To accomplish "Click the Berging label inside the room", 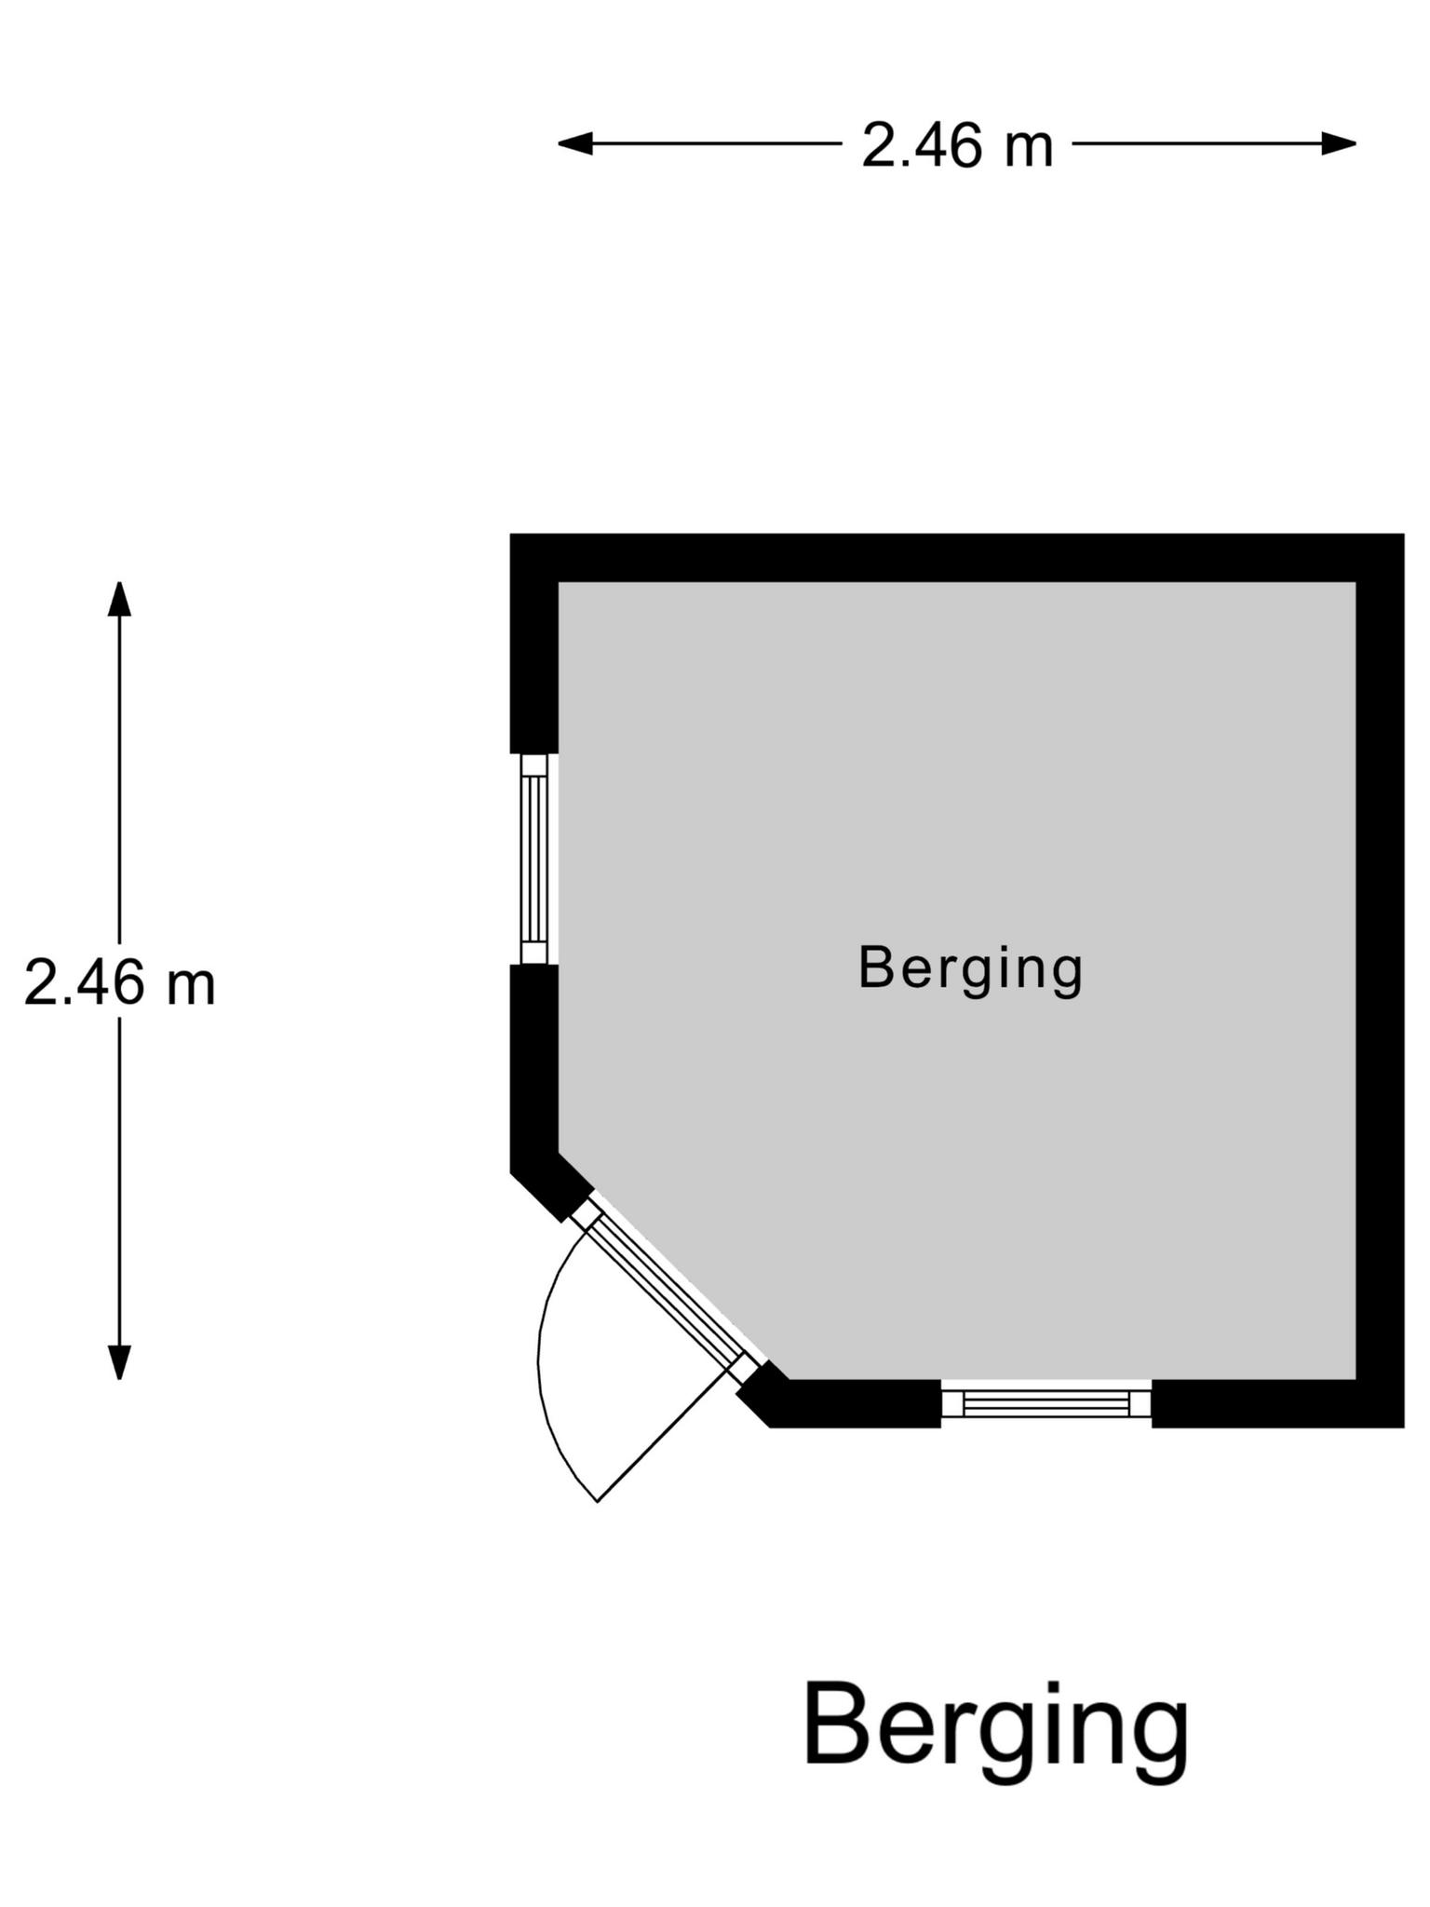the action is [971, 970].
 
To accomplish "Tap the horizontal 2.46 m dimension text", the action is [957, 146].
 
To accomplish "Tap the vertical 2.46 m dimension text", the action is [120, 982].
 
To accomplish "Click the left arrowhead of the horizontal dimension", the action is [575, 143].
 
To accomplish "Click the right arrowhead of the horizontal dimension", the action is [1339, 143].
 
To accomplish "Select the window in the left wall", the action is [534, 859].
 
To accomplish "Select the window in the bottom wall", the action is [1046, 1403].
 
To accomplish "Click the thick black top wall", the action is [957, 558].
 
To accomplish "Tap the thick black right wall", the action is [1380, 981].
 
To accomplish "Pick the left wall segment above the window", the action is [534, 643].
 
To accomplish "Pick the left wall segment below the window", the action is [534, 1071].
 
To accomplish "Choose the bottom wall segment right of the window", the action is [1277, 1403].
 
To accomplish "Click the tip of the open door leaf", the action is [597, 1502].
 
